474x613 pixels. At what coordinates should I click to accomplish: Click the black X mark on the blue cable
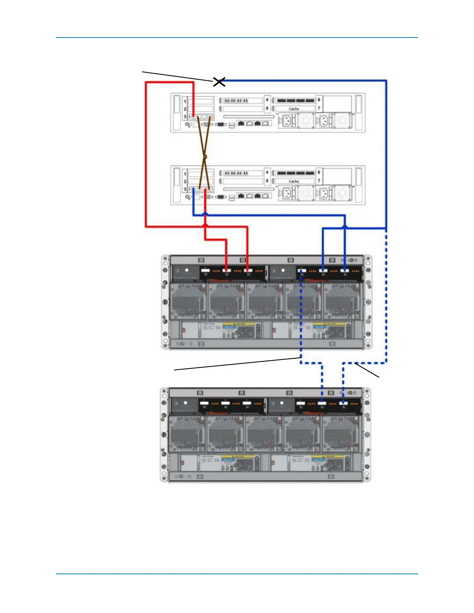pos(219,82)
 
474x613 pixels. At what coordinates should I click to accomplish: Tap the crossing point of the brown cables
pos(205,157)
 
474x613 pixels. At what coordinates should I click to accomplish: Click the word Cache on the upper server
pos(294,109)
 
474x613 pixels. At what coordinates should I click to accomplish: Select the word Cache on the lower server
pos(294,181)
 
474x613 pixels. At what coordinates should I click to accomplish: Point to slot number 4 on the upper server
pos(267,100)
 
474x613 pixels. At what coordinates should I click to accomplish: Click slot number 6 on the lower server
pos(319,172)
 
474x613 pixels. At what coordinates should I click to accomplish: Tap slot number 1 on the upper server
pos(185,101)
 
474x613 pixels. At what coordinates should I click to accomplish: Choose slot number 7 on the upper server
pos(319,108)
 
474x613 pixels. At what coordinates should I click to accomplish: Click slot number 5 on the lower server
pos(267,181)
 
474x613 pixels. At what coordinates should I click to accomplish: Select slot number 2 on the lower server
pos(185,181)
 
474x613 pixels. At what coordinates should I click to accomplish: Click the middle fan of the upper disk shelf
pos(265,302)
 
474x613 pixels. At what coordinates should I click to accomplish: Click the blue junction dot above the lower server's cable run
pos(205,214)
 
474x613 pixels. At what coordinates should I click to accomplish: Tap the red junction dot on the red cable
pos(205,225)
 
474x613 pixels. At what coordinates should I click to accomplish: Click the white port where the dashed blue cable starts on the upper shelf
pos(302,271)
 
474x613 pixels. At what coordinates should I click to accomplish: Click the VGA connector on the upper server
pos(221,124)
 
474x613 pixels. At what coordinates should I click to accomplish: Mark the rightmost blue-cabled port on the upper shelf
pos(345,271)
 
